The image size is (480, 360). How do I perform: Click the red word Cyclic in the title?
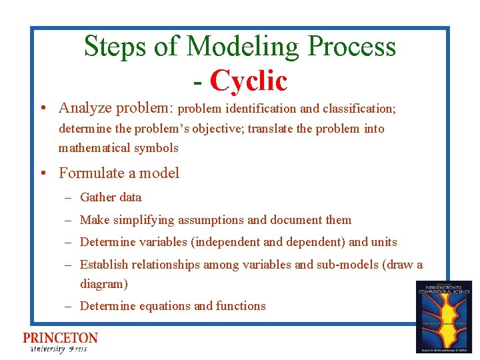click(x=248, y=81)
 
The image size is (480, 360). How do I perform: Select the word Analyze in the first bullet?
click(x=85, y=108)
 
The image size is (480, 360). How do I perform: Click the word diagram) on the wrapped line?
click(x=103, y=284)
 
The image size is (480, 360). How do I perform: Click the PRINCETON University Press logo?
click(x=60, y=341)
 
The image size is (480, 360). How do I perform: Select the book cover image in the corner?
click(x=443, y=316)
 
